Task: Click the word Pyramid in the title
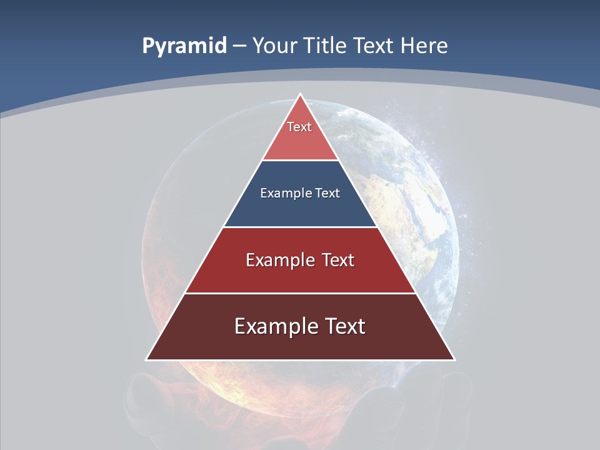click(184, 46)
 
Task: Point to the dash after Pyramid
click(239, 46)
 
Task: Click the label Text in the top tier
click(299, 127)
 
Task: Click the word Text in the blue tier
click(327, 193)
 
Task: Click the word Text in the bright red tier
click(338, 260)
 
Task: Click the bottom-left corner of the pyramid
click(147, 359)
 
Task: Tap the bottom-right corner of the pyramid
click(454, 359)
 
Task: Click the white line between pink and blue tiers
click(300, 161)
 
